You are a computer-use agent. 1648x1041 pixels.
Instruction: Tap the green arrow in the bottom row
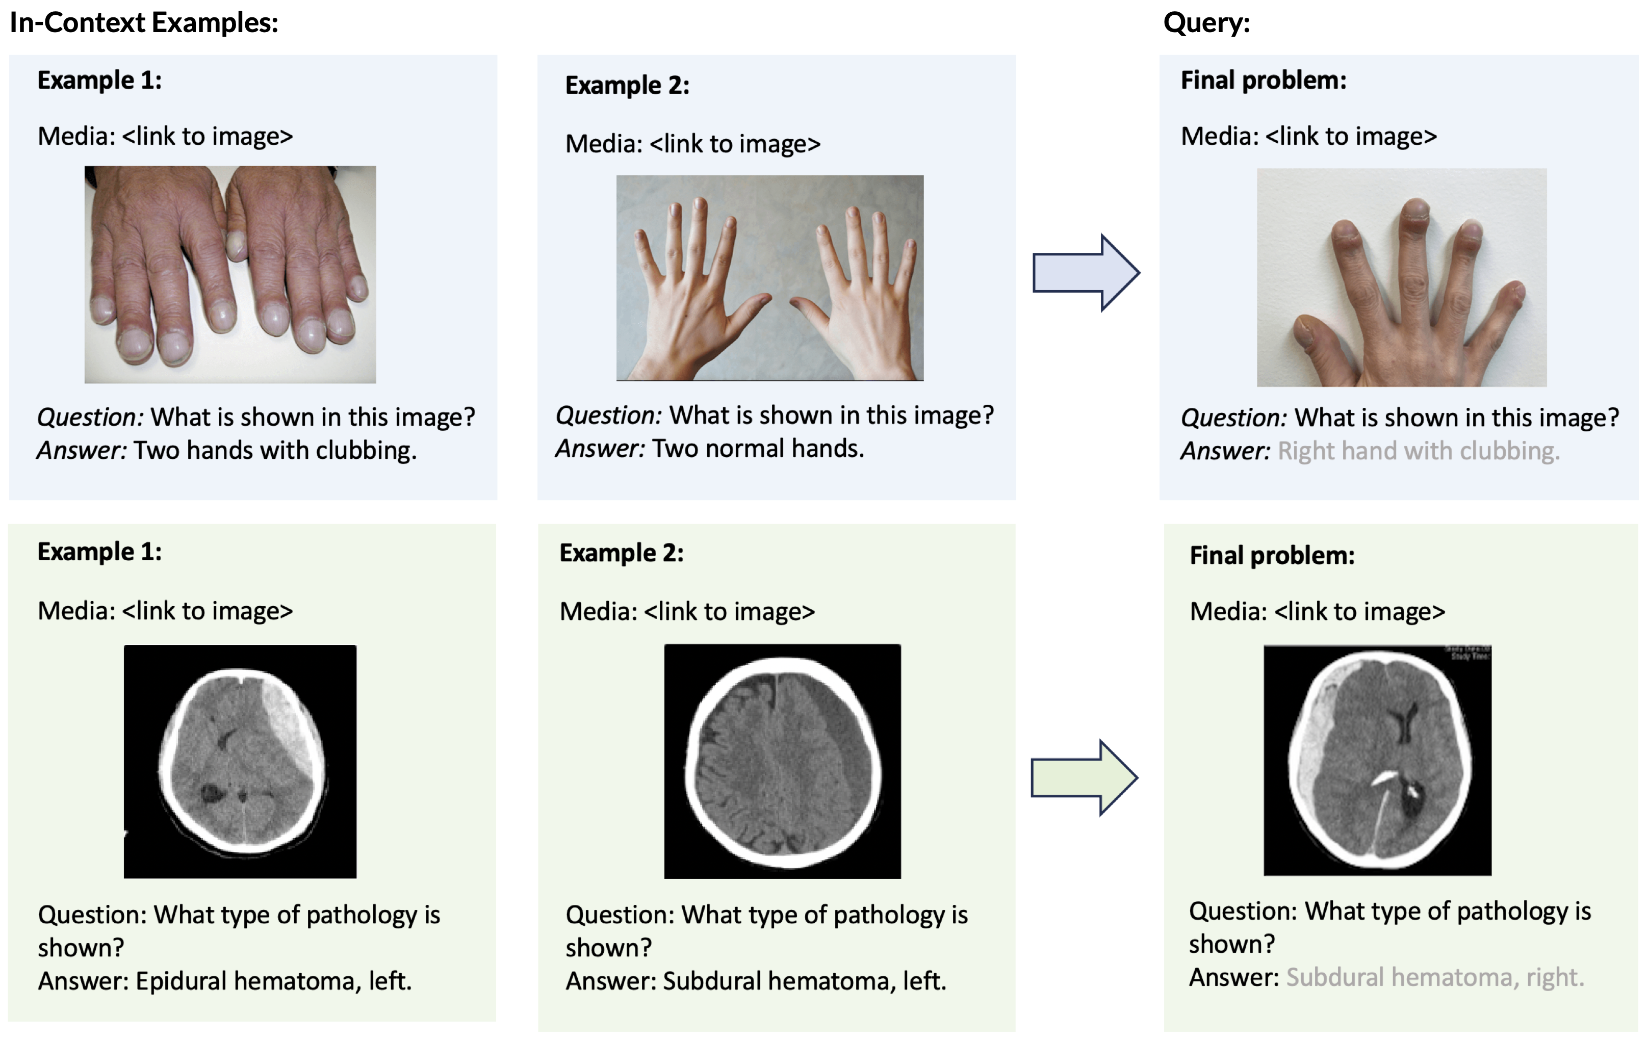[1084, 777]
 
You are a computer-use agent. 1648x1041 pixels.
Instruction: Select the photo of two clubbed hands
[230, 274]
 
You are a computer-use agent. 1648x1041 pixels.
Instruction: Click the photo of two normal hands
[769, 278]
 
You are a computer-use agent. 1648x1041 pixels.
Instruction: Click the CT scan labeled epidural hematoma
[240, 761]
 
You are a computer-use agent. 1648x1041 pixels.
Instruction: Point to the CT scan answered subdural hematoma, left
[782, 761]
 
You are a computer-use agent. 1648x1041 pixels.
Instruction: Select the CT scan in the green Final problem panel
[1377, 760]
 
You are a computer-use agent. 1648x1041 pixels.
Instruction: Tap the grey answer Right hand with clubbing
[1418, 451]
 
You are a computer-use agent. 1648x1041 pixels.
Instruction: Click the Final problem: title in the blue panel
[1264, 81]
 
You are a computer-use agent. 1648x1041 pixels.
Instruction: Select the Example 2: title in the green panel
[622, 553]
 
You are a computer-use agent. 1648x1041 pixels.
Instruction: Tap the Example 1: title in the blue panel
[100, 81]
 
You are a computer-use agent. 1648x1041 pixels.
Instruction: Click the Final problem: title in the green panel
[1272, 556]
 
